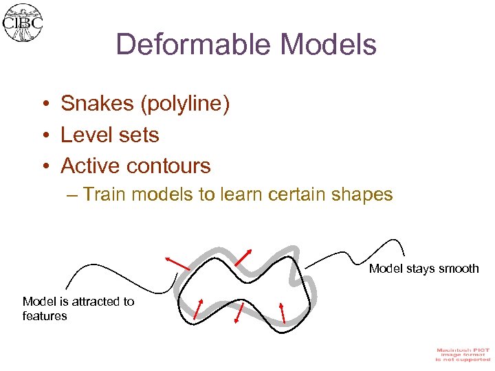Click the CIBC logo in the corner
coord(23,23)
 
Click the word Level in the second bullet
coord(85,135)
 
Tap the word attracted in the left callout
coord(94,302)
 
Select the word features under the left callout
coord(45,316)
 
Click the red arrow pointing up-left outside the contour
coord(177,262)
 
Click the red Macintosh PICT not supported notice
coord(462,355)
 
